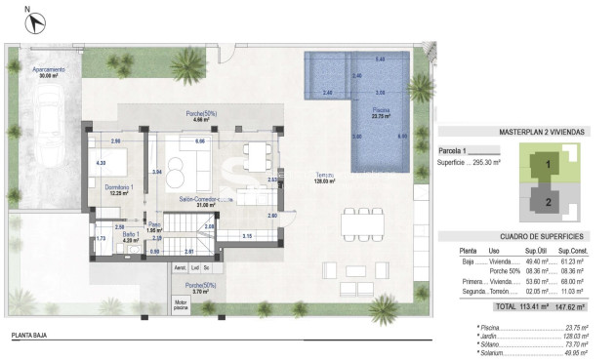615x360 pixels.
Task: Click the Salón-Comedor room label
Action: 199,201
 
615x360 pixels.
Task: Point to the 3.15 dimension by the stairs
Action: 248,236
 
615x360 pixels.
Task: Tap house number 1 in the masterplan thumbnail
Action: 549,165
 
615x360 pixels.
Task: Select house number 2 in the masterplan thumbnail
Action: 549,202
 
